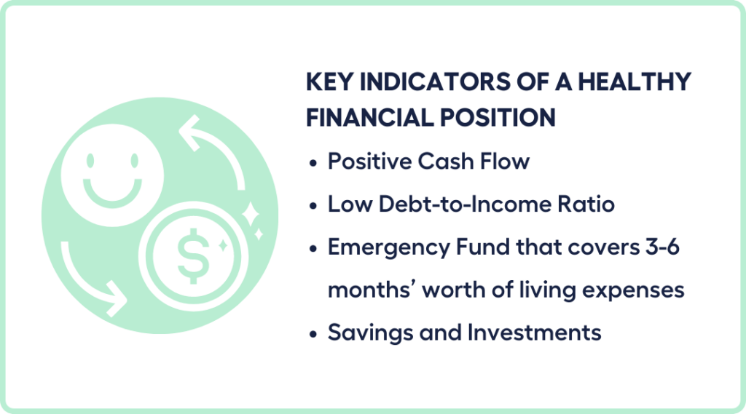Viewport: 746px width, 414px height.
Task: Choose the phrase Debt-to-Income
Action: point(446,204)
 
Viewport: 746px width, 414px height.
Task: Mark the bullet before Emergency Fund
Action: point(313,249)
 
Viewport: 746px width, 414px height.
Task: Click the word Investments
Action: point(534,333)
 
